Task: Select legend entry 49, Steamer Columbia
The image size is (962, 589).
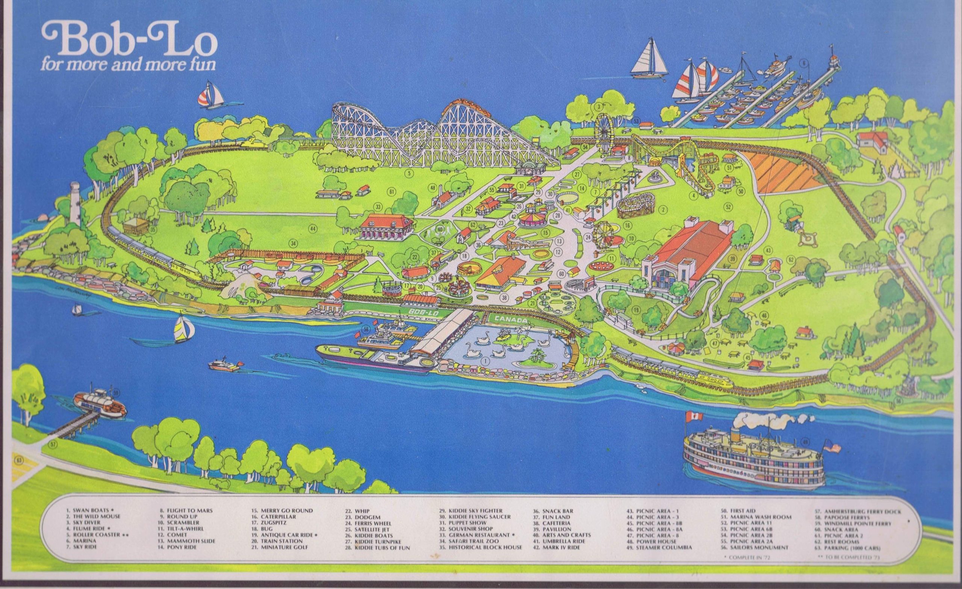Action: tap(658, 548)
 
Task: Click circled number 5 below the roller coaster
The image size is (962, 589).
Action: tap(409, 172)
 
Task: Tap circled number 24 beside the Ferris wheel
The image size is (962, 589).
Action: tap(588, 237)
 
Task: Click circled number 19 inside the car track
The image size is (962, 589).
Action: tap(637, 310)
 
